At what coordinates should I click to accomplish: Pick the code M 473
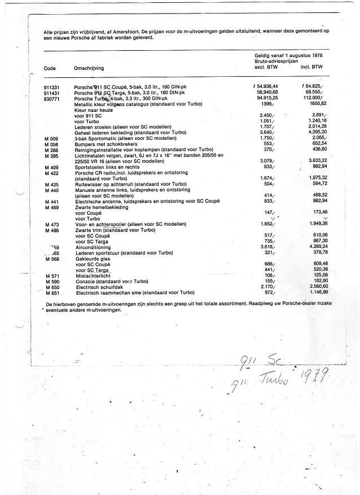coord(51,225)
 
